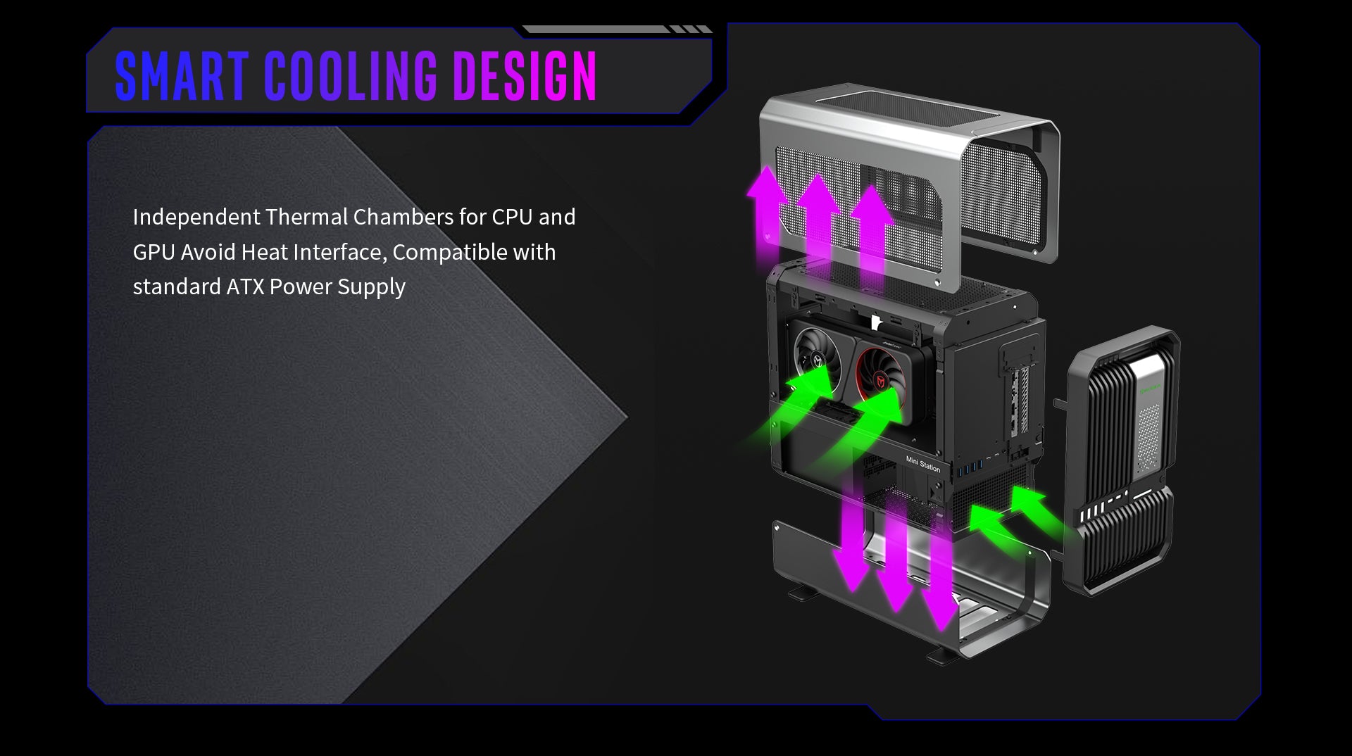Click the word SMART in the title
click(x=182, y=75)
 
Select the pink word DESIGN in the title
click(x=525, y=75)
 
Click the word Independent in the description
click(x=196, y=218)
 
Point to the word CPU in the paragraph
click(x=512, y=217)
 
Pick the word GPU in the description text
click(x=154, y=252)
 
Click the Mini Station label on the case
click(x=922, y=464)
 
